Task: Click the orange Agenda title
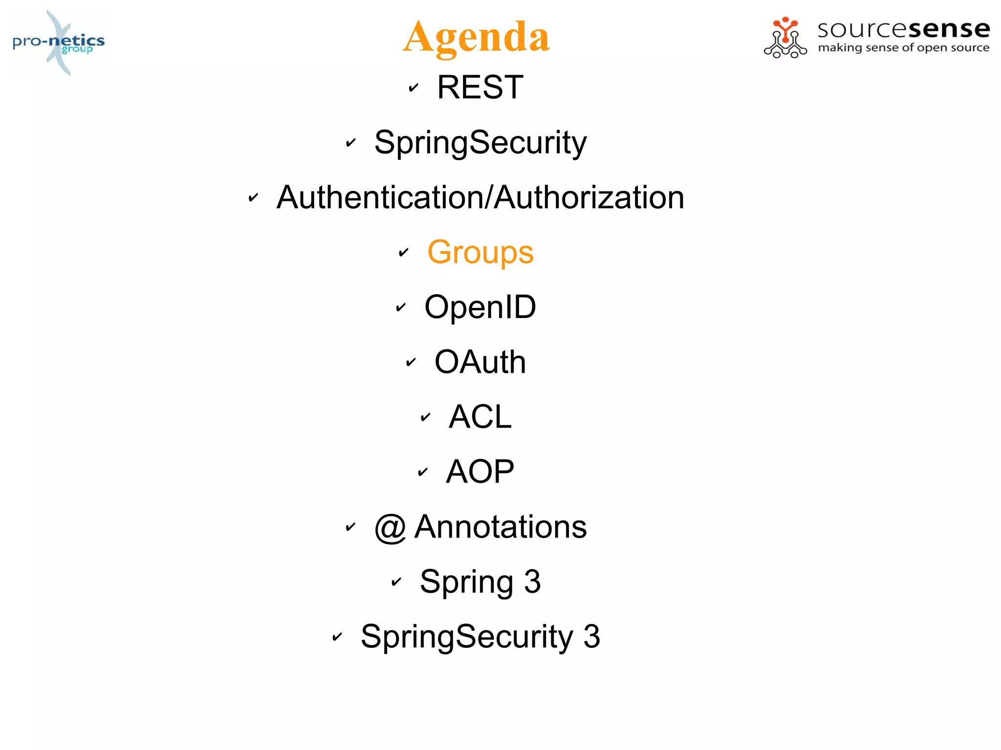pyautogui.click(x=476, y=37)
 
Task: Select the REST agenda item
pyautogui.click(x=480, y=87)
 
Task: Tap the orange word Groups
pyautogui.click(x=480, y=252)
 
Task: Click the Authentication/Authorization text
pyautogui.click(x=480, y=197)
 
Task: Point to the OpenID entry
pyautogui.click(x=480, y=307)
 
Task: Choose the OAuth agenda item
pyautogui.click(x=480, y=362)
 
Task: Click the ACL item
pyautogui.click(x=480, y=417)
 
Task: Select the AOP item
pyautogui.click(x=480, y=471)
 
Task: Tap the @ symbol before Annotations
pyautogui.click(x=390, y=528)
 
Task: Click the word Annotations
pyautogui.click(x=500, y=527)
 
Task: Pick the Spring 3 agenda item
pyautogui.click(x=480, y=581)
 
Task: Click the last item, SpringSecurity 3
pyautogui.click(x=480, y=636)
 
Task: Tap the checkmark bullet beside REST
pyautogui.click(x=413, y=88)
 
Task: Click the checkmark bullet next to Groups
pyautogui.click(x=403, y=253)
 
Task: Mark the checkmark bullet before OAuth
pyautogui.click(x=411, y=363)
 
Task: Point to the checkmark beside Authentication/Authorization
pyautogui.click(x=253, y=198)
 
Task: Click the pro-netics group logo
pyautogui.click(x=59, y=43)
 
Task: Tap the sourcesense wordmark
pyautogui.click(x=903, y=29)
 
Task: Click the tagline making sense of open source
pyautogui.click(x=903, y=48)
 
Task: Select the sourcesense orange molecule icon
pyautogui.click(x=785, y=38)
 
